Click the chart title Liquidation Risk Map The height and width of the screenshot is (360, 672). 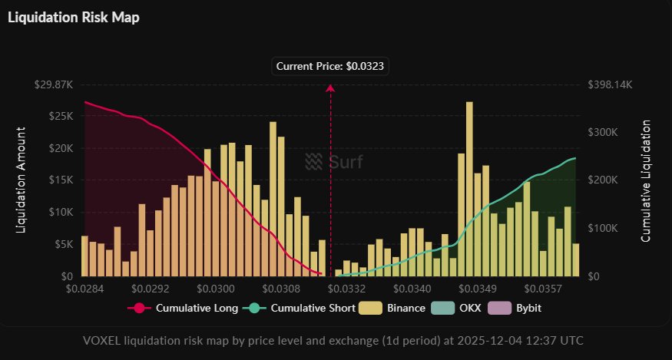[74, 17]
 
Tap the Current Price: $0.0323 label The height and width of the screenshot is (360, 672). [331, 67]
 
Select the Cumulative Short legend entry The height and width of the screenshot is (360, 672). [301, 309]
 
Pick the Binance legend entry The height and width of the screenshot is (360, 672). [398, 309]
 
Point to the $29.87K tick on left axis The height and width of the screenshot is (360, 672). [54, 84]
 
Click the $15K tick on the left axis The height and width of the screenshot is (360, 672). [60, 180]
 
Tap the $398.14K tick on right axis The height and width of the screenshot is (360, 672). [609, 84]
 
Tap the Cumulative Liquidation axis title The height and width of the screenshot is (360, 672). [646, 180]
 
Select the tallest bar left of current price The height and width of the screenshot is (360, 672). [273, 199]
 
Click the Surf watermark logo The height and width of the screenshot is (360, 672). [334, 160]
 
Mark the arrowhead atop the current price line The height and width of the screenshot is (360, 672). [330, 88]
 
